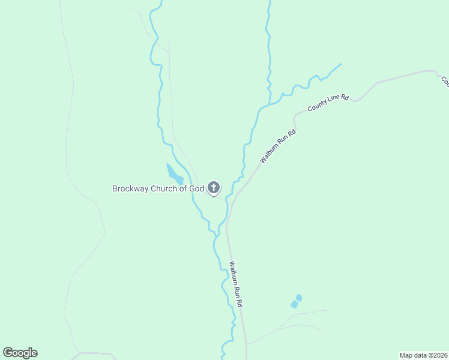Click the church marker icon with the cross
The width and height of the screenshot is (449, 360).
point(214,188)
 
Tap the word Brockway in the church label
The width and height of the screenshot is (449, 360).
point(129,188)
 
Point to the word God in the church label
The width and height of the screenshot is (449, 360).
point(197,188)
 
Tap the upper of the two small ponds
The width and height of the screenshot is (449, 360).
point(299,298)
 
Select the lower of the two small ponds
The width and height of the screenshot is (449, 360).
point(294,305)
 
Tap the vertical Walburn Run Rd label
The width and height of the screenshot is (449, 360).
point(236,284)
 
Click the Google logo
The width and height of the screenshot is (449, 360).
point(20,353)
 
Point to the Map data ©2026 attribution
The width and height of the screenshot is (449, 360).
point(423,355)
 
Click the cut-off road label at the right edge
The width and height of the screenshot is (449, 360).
point(445,82)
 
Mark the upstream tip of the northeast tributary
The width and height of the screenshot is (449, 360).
point(341,64)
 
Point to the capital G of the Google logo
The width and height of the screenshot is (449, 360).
point(8,353)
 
